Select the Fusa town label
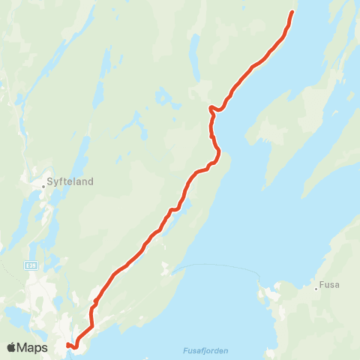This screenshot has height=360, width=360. coord(329,285)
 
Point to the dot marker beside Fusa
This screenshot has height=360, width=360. coord(316,286)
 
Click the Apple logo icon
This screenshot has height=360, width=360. coord(12,347)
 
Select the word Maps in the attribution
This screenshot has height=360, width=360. coord(34,347)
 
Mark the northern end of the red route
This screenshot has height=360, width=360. coord(292,12)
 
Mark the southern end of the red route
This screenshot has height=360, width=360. coord(67,345)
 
